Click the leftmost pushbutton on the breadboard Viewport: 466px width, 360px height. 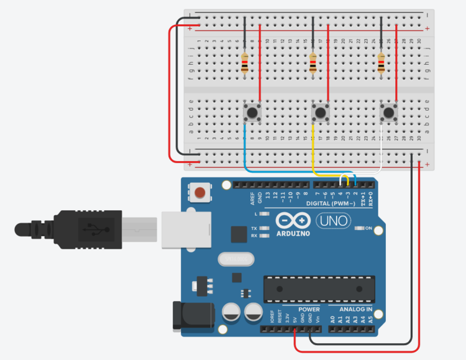[x=252, y=113]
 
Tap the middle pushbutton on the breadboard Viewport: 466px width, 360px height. [x=321, y=113]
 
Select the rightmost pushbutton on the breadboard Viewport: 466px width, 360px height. [x=389, y=113]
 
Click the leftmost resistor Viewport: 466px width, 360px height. [x=245, y=63]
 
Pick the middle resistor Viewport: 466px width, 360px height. [x=313, y=63]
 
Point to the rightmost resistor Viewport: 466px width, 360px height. [x=381, y=63]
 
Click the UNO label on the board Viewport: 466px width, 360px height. [x=333, y=220]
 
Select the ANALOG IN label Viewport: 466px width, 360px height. [x=355, y=309]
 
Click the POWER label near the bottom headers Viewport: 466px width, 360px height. [x=309, y=309]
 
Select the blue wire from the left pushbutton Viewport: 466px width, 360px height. [x=246, y=152]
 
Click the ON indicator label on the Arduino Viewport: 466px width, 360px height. [x=368, y=228]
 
